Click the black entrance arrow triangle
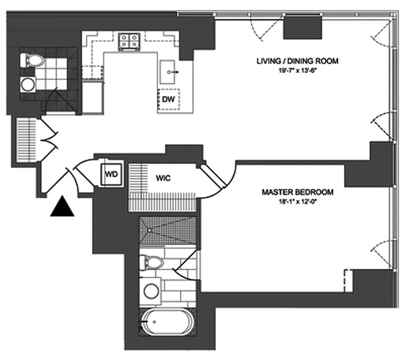coord(62,208)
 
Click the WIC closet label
coord(163,178)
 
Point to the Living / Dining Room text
coord(297,61)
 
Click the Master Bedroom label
coord(297,192)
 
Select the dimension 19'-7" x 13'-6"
coord(297,69)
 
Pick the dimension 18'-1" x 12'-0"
coord(297,200)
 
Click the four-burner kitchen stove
coord(129,41)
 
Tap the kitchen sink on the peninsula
coord(170,71)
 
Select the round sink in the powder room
coord(28,84)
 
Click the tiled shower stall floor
coord(168,230)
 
